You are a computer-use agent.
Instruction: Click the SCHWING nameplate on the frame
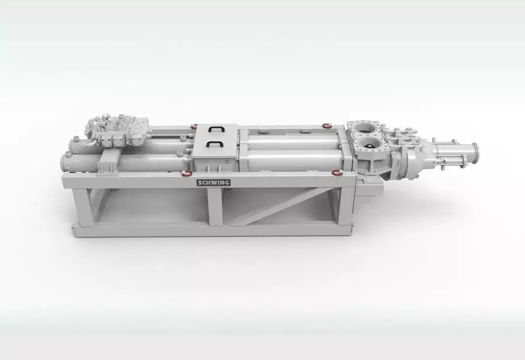tap(213, 183)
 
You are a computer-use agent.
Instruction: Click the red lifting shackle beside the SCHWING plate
tap(187, 173)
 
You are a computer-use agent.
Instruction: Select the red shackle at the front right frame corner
tap(337, 173)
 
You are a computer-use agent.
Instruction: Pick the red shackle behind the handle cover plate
tap(194, 126)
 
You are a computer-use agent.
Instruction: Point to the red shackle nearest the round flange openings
tap(327, 125)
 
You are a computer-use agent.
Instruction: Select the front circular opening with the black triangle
tap(369, 145)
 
